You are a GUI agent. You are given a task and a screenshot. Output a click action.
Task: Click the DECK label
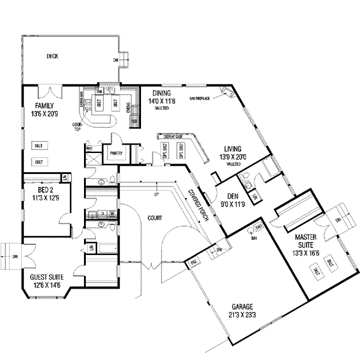pyautogui.click(x=52, y=57)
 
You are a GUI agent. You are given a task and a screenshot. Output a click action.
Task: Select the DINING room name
pyautogui.click(x=161, y=93)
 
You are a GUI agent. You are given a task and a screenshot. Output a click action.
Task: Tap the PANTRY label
pyautogui.click(x=116, y=154)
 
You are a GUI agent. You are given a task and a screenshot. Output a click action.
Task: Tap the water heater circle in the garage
pyautogui.click(x=251, y=230)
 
